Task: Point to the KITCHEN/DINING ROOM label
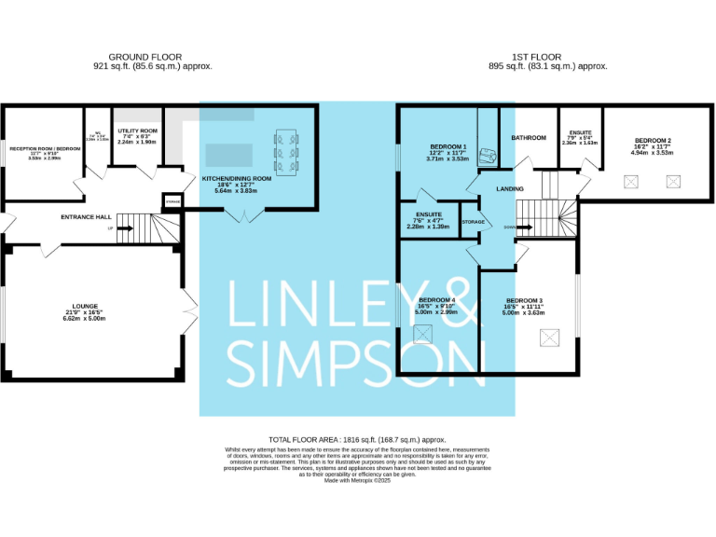point(237,177)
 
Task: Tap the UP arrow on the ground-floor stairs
point(111,228)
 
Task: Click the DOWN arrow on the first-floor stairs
point(508,226)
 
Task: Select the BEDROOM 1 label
point(447,147)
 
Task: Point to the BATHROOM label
point(529,138)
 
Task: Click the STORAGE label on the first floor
point(473,222)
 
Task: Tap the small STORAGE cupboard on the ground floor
point(172,200)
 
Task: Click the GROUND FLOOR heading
point(145,56)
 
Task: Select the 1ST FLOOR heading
point(549,56)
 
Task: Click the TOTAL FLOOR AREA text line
point(357,439)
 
